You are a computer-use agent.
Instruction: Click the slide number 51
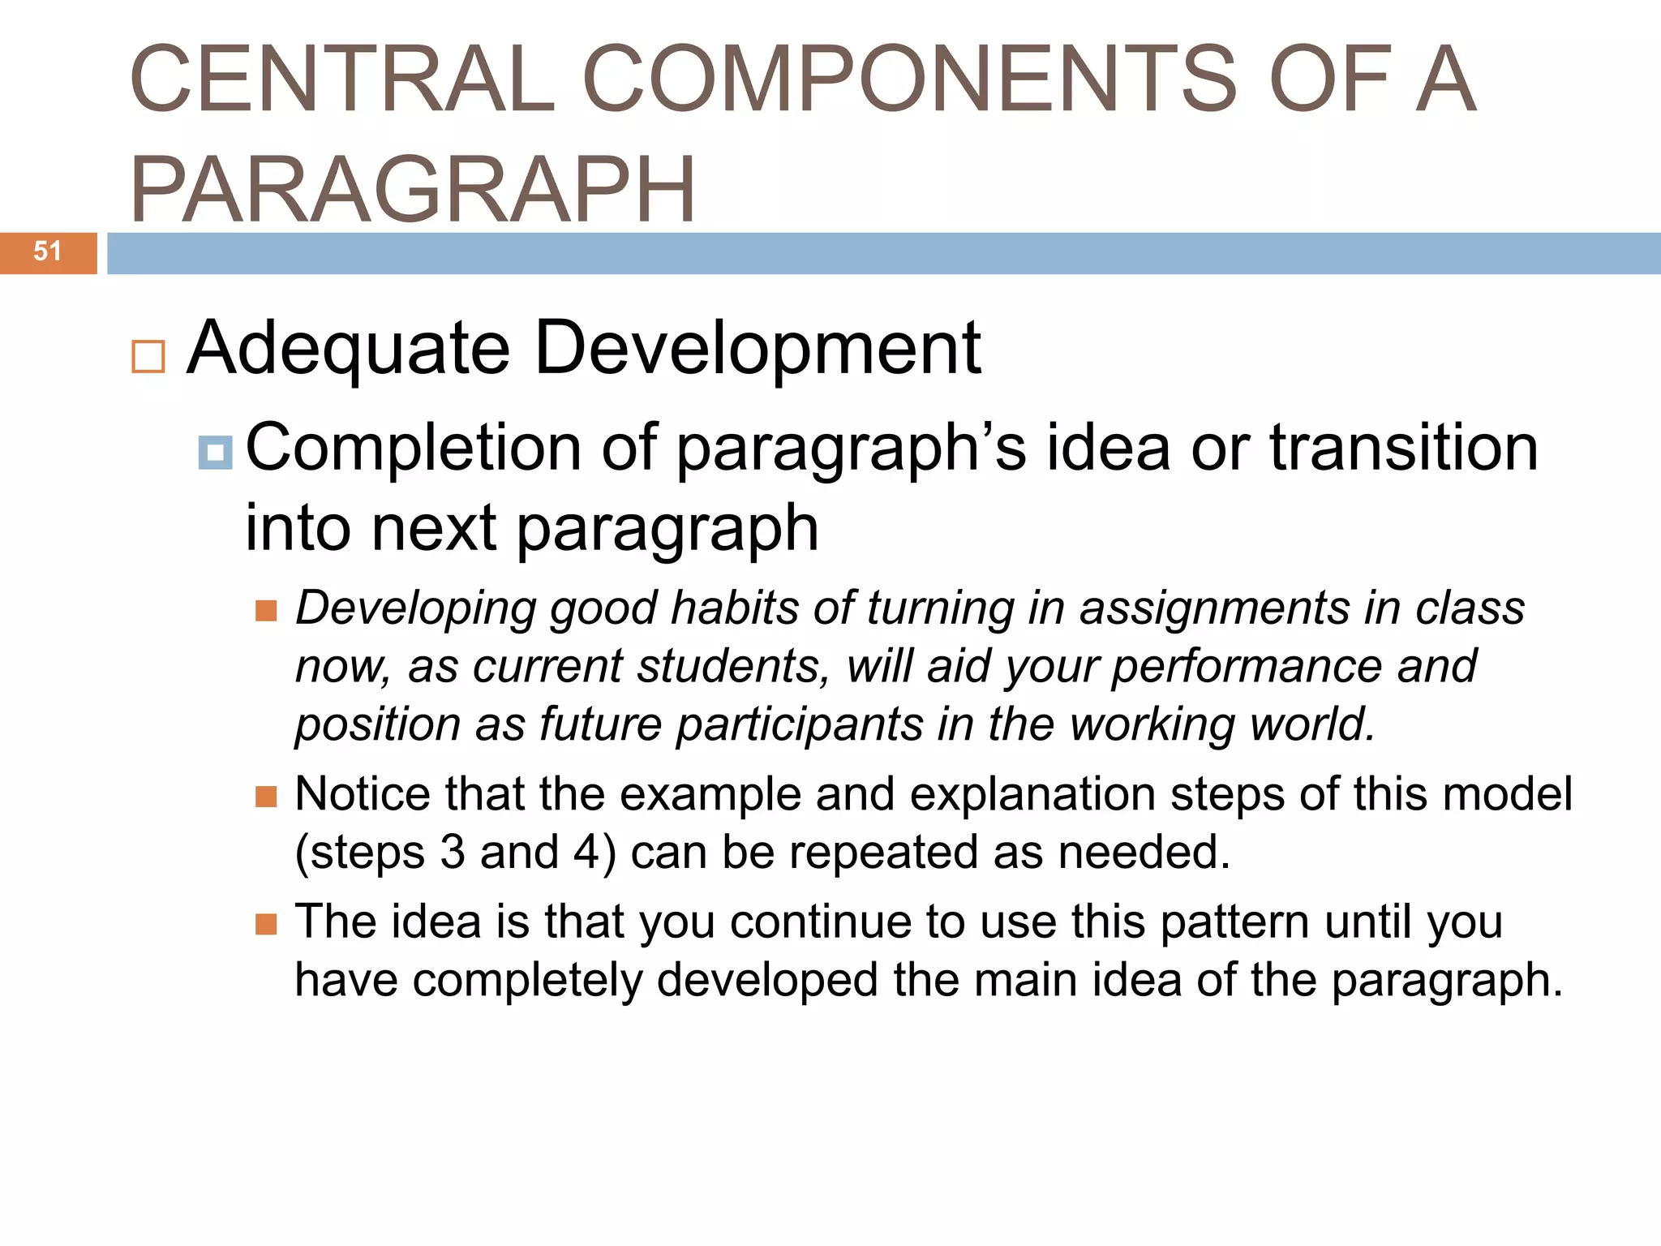click(x=47, y=251)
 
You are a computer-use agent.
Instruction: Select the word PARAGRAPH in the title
click(x=412, y=190)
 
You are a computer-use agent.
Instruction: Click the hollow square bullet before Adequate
click(x=148, y=357)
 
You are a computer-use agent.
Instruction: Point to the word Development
click(x=758, y=349)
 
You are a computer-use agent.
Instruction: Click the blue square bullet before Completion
click(x=215, y=453)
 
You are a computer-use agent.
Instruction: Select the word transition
click(x=1403, y=448)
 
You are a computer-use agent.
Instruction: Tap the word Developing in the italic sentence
click(x=415, y=608)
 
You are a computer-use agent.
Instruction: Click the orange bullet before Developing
click(x=266, y=610)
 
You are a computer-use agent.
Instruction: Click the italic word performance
click(x=1245, y=667)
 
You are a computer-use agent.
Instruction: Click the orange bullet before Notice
click(x=266, y=796)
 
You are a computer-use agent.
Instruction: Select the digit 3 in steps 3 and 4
click(x=453, y=853)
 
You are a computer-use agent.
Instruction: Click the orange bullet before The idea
click(x=266, y=924)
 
